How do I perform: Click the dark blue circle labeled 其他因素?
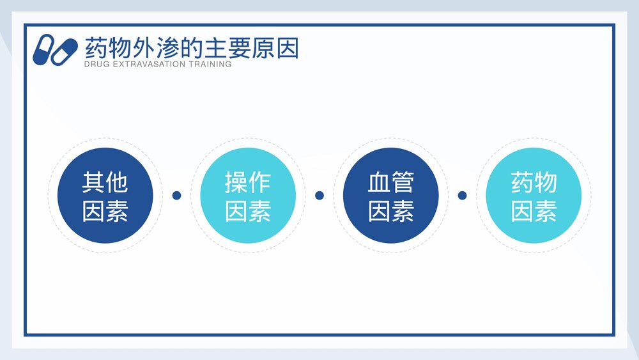coord(105,195)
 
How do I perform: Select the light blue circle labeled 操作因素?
coord(248,195)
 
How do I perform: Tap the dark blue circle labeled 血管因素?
coord(390,195)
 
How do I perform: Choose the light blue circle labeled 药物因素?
coord(534,195)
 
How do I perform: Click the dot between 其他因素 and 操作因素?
coord(177,195)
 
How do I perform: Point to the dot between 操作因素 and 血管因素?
coord(319,195)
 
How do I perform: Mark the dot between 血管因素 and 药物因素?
coord(463,195)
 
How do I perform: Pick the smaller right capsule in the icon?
coord(65,52)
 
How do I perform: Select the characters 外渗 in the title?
coord(149,48)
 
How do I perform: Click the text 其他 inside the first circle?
coord(105,183)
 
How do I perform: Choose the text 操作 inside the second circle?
coord(248,183)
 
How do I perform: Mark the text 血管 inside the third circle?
coord(390,183)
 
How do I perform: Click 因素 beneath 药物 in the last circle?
coord(534,211)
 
